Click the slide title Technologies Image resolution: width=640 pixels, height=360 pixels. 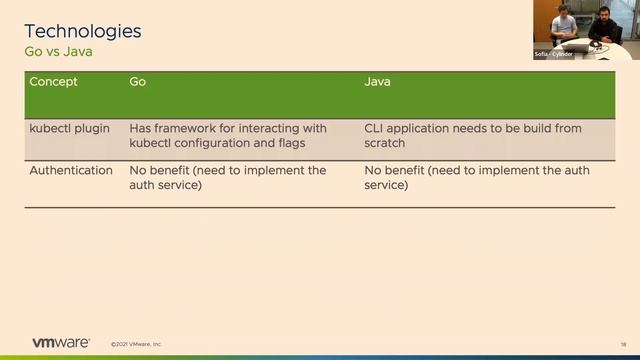point(82,31)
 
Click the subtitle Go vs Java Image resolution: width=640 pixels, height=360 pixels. point(64,51)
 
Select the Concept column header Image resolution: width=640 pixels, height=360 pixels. point(53,81)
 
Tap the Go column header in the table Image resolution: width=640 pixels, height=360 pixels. point(138,81)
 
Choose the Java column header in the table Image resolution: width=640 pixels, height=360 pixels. point(377,81)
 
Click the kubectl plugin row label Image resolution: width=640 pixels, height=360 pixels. point(70,129)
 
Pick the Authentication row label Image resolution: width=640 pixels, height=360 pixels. point(71,171)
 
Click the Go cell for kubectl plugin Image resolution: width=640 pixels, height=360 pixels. point(228,136)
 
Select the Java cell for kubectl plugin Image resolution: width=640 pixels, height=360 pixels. point(472,136)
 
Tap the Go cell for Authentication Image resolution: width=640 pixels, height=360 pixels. point(228,178)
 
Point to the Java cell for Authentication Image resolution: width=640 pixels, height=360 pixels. point(476,178)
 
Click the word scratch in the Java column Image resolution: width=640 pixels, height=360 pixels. point(385,144)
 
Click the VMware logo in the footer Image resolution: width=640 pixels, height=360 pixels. point(61,342)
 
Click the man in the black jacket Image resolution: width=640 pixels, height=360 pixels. point(602,26)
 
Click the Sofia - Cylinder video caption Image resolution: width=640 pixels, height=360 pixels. point(553,54)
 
